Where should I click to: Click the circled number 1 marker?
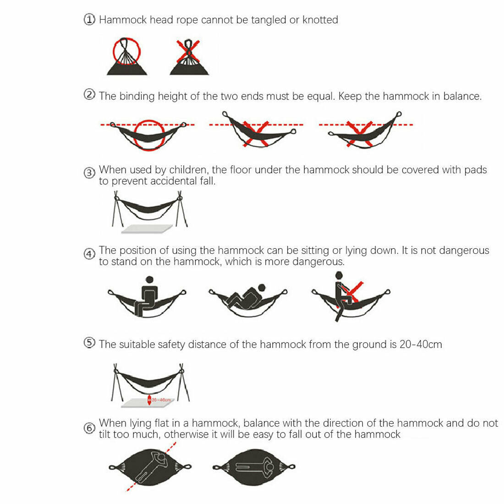point(89,20)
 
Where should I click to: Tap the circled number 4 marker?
point(89,254)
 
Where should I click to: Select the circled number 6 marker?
point(89,428)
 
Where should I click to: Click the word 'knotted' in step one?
point(320,20)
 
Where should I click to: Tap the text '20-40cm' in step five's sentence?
point(421,345)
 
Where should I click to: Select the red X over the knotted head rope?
point(188,51)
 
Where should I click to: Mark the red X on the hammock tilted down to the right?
point(256,134)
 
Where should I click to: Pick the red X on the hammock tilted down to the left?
point(359,134)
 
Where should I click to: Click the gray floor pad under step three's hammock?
point(147,229)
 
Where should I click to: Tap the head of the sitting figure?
point(149,279)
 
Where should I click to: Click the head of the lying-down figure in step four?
point(262,288)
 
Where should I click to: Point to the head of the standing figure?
point(339,275)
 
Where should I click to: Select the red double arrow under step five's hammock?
point(149,400)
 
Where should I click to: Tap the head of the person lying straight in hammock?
point(269,466)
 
